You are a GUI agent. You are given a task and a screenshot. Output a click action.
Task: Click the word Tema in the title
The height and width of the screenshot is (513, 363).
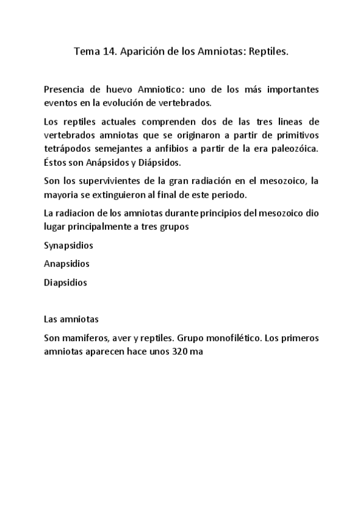[85, 52]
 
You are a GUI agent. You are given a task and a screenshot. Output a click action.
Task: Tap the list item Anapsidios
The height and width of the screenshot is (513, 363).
[67, 264]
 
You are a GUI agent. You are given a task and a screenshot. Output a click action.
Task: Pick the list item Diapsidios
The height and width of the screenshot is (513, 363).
[65, 282]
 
